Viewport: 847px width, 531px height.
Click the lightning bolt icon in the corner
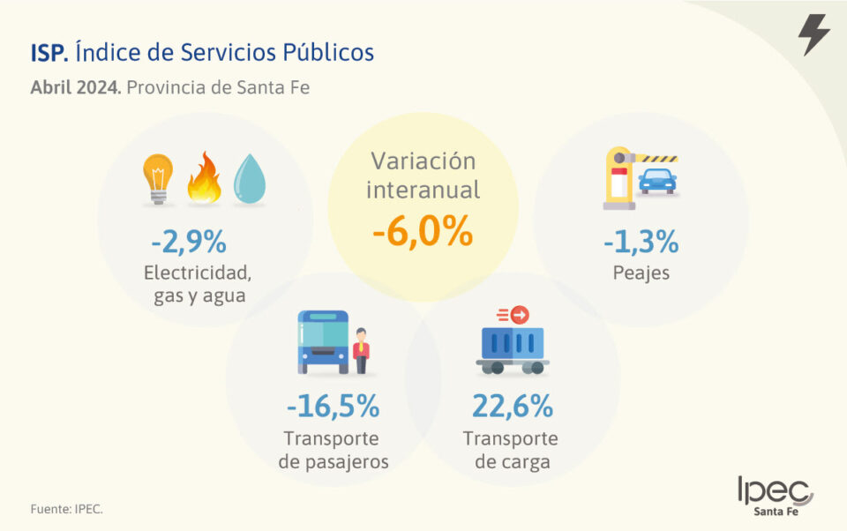[x=813, y=35]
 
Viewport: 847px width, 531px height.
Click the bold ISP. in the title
[x=49, y=53]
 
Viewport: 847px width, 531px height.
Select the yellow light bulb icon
[x=159, y=179]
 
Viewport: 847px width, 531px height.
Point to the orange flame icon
[x=204, y=178]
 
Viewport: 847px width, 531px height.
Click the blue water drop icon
[x=249, y=180]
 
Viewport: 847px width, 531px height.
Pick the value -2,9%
[x=189, y=240]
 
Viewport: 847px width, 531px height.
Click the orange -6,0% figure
[x=423, y=232]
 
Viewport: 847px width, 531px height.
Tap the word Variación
[x=423, y=161]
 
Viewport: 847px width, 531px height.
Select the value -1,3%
[x=641, y=240]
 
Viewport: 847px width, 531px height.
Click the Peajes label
[x=641, y=273]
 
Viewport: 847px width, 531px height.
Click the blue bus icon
[x=322, y=341]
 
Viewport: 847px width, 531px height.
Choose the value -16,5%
[x=333, y=407]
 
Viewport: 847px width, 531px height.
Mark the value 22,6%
[x=512, y=407]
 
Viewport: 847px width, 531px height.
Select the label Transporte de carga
[x=511, y=450]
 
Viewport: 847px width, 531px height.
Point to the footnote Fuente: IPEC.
[x=60, y=509]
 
